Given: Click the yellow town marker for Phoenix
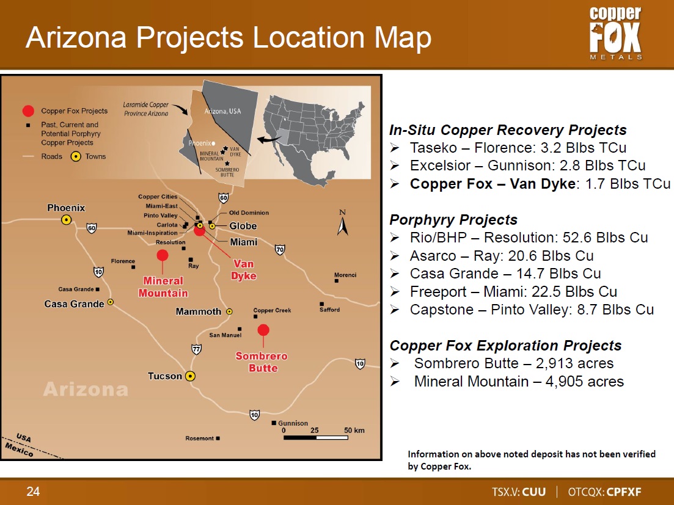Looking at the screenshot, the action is click(66, 220).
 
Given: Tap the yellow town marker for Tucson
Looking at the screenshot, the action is click(190, 376).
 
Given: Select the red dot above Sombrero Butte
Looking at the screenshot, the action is click(263, 330).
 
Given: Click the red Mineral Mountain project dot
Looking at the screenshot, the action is click(163, 255).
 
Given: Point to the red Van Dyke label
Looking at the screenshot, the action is click(243, 270).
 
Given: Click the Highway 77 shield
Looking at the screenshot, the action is click(196, 349).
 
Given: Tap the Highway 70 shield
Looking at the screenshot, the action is click(280, 250).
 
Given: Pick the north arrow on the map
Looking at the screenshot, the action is click(343, 223).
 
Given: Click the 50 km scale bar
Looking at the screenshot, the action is click(315, 438).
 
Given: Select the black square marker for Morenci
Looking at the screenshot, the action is click(337, 281).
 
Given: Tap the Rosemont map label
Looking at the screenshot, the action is click(199, 438).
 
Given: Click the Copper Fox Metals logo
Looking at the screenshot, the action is click(615, 33).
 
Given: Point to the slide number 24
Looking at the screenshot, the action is click(33, 491).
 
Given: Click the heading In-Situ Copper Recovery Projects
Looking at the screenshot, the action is click(508, 129).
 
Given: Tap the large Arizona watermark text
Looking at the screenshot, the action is click(86, 390).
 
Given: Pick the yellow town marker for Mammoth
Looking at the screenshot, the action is click(230, 312).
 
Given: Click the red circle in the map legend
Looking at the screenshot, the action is click(28, 111).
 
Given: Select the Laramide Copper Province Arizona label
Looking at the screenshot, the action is click(145, 109).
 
